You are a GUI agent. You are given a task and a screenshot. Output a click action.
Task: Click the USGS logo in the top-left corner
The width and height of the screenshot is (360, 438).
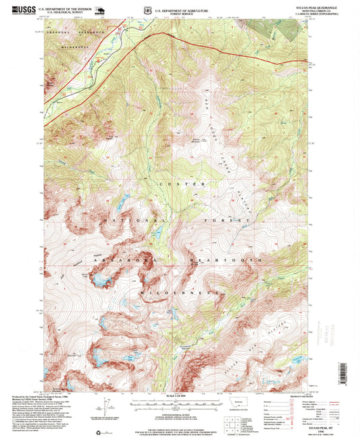tap(15, 10)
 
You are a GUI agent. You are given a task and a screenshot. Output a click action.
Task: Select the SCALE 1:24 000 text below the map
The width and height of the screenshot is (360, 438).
tap(176, 395)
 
